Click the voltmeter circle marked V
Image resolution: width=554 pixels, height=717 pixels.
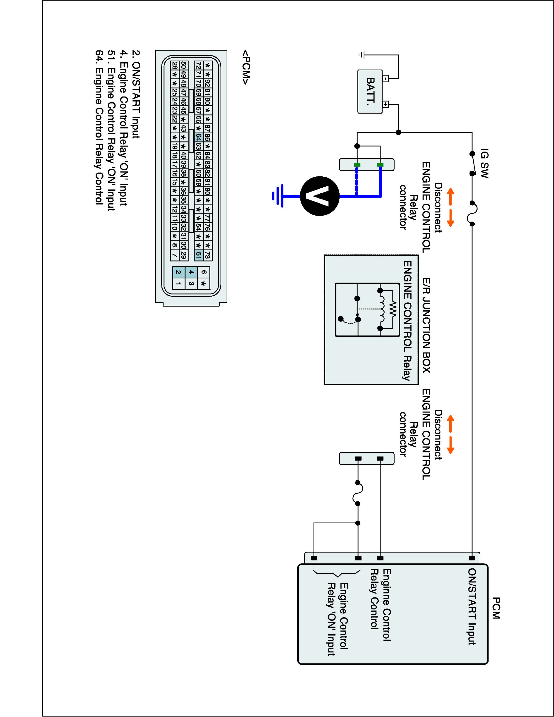click(x=319, y=196)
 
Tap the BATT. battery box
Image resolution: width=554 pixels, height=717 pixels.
click(x=370, y=92)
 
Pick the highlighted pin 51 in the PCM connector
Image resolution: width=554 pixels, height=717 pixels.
click(x=198, y=255)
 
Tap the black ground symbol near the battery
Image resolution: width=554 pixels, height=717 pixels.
click(x=361, y=55)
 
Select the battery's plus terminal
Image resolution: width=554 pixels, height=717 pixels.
click(x=386, y=105)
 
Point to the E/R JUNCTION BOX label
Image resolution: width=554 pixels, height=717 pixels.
click(x=426, y=325)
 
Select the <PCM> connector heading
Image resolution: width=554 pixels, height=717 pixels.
click(x=246, y=67)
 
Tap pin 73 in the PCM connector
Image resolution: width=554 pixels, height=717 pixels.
click(x=207, y=255)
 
